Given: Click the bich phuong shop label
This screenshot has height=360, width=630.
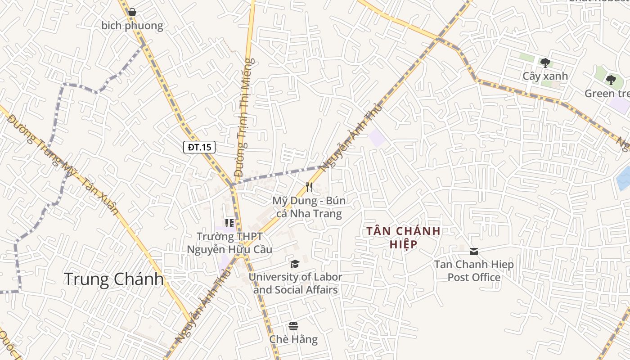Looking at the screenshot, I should coord(132,26).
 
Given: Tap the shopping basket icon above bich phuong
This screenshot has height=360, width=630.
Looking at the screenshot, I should coord(132,12).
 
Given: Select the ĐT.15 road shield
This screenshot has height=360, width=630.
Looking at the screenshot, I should coord(199,147).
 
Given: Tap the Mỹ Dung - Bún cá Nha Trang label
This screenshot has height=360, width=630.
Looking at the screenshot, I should coord(309,207).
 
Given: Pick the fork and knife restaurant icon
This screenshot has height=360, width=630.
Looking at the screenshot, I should coord(309,187).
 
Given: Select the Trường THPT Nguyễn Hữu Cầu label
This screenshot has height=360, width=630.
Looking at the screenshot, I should coord(229,243).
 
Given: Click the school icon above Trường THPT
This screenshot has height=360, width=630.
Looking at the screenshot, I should coord(229,223).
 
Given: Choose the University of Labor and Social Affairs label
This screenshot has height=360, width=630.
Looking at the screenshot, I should coord(295,283).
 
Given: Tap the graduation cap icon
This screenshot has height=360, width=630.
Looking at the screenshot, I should coord(295,264).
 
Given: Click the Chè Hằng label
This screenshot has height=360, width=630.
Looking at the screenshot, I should coord(293,339).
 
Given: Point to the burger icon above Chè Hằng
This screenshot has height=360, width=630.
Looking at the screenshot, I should coord(293,326).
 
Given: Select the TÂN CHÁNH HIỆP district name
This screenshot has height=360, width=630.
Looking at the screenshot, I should coord(403,237).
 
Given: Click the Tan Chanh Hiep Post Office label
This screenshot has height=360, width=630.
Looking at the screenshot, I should coord(474,270).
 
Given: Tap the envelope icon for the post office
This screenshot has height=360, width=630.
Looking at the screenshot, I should coord(474,251).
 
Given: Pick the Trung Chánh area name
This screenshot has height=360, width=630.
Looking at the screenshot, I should coord(114,279).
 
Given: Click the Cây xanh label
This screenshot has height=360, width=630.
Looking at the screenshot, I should coord(545,76).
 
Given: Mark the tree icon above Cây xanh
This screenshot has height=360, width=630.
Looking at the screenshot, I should coord(545,63).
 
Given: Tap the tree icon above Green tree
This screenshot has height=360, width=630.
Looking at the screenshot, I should coord(611,80).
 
